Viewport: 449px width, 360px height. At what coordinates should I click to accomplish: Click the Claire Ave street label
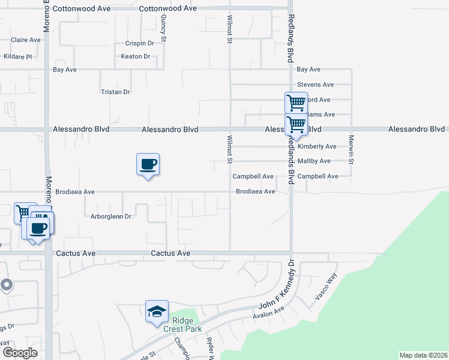pos(25,40)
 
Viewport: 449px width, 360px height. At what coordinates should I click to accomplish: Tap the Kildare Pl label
pos(17,56)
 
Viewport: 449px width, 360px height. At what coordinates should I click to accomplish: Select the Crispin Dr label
pos(140,43)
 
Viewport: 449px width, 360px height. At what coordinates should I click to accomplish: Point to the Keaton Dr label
pos(135,56)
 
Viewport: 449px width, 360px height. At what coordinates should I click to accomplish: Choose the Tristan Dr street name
pos(115,92)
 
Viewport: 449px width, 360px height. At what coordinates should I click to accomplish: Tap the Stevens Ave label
pos(315,85)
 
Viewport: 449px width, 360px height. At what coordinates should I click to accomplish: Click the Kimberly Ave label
pos(316,146)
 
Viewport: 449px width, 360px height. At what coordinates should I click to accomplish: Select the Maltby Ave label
pos(315,161)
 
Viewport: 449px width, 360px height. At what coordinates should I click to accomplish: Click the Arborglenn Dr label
pos(111,216)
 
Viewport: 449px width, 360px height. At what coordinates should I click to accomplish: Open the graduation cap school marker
pos(157,311)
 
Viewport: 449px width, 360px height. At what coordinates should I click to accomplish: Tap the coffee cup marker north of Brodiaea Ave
pos(148,164)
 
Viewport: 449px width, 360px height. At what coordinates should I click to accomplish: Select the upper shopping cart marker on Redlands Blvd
pos(296,103)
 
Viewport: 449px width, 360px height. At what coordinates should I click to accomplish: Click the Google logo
pos(20,353)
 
